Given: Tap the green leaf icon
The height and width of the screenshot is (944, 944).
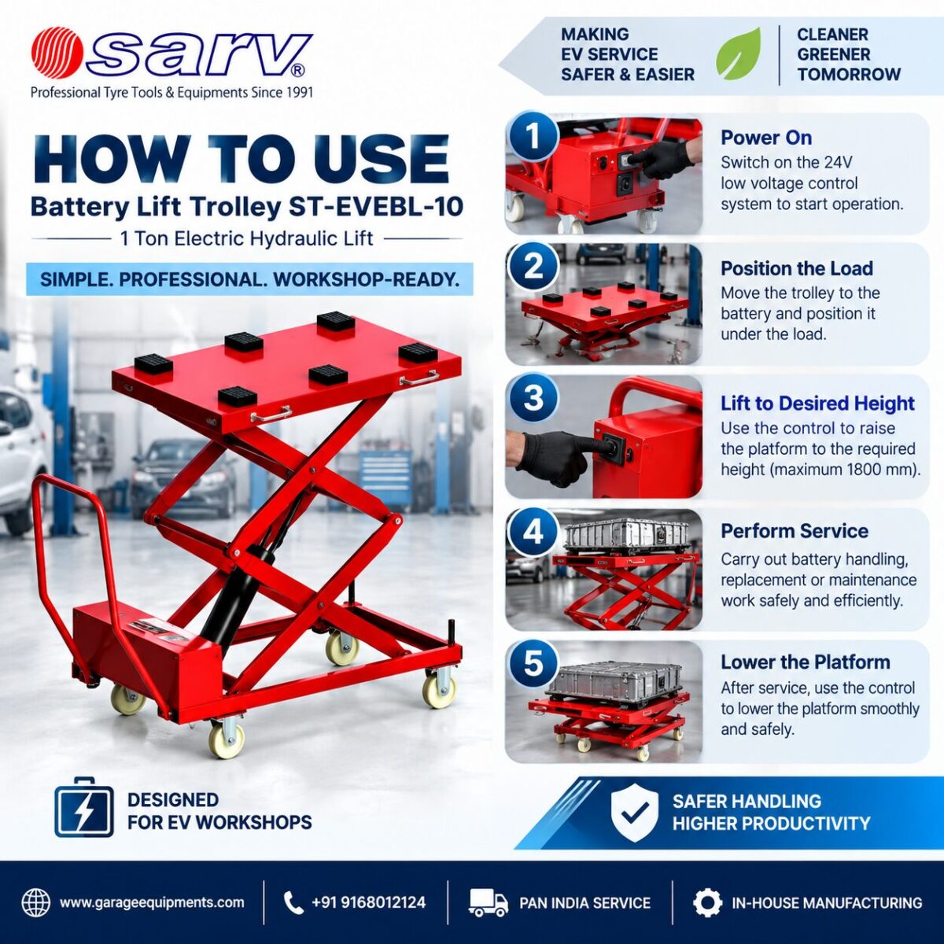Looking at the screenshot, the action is coord(739,54).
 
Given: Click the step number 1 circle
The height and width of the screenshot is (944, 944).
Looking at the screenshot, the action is coord(533,135).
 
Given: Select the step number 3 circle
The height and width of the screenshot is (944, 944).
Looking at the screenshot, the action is coord(533,399).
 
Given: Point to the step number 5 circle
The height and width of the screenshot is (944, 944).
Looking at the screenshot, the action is coord(533,664).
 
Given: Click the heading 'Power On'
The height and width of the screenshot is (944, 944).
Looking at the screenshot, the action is coord(766,138).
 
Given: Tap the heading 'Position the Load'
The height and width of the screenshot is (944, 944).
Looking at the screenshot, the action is coord(797,268).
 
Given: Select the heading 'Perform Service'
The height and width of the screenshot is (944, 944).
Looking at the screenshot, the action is coord(795,531).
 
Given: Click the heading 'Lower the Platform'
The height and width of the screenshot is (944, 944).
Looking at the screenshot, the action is coord(806,662).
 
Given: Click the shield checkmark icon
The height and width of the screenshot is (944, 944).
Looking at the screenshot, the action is coord(635,813).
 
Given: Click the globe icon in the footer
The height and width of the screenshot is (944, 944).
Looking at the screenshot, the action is coord(36,902).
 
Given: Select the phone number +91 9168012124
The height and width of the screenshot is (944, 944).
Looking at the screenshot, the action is coord(369,902).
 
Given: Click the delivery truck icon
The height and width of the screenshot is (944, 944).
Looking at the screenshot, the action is coord(489,902).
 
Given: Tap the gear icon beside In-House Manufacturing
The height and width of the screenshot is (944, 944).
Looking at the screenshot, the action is coord(708,902).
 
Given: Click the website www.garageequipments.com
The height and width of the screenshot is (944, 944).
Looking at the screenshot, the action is coord(152,902).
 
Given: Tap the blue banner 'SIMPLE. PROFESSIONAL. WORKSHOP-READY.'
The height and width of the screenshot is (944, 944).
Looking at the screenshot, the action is coord(249,279).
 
